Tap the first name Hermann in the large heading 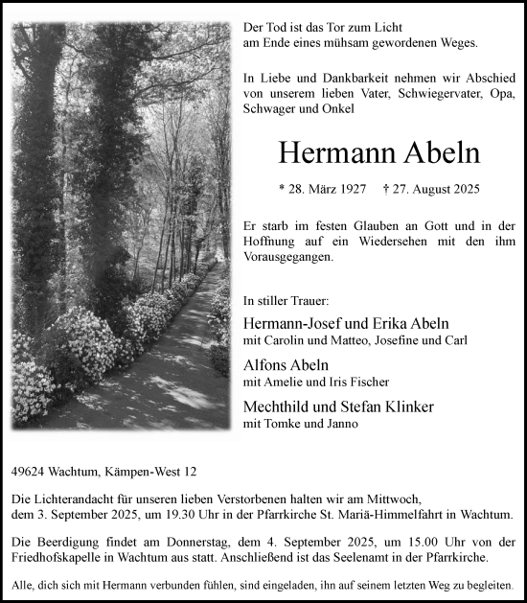[x=328, y=152]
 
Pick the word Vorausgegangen [x=287, y=258]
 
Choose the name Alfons [x=270, y=364]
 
